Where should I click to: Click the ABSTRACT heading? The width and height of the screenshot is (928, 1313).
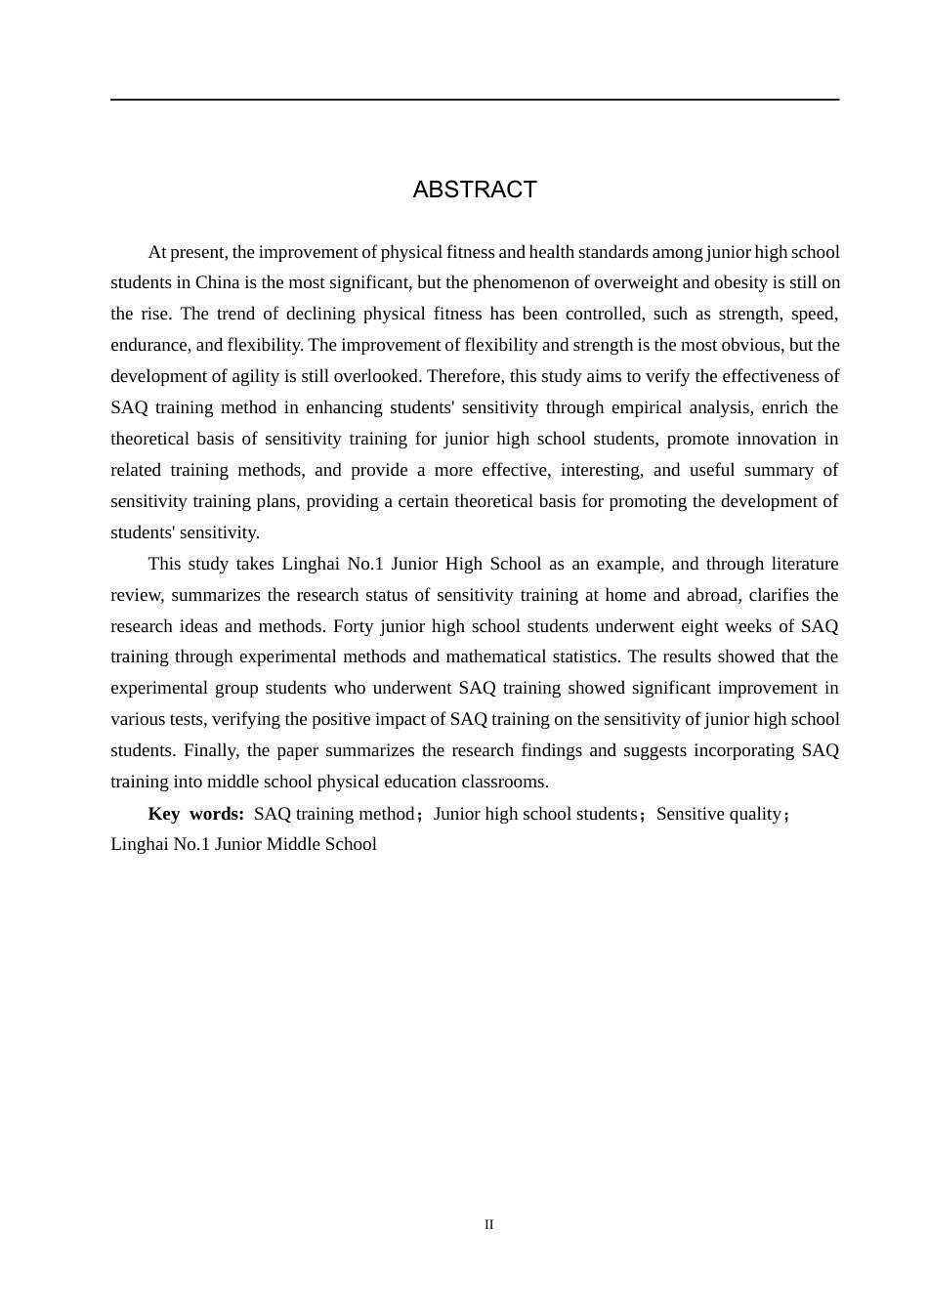pyautogui.click(x=475, y=190)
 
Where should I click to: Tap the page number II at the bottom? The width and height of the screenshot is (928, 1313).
pyautogui.click(x=489, y=1225)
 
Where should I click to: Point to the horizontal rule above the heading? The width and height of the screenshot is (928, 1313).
pyautogui.click(x=475, y=100)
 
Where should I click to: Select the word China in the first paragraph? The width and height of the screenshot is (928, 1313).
pyautogui.click(x=217, y=283)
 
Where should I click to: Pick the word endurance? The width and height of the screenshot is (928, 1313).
pyautogui.click(x=149, y=346)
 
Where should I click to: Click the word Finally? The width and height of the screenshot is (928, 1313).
pyautogui.click(x=209, y=751)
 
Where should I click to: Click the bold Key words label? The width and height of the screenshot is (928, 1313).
pyautogui.click(x=195, y=815)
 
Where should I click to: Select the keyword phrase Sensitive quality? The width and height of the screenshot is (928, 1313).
pyautogui.click(x=719, y=815)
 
